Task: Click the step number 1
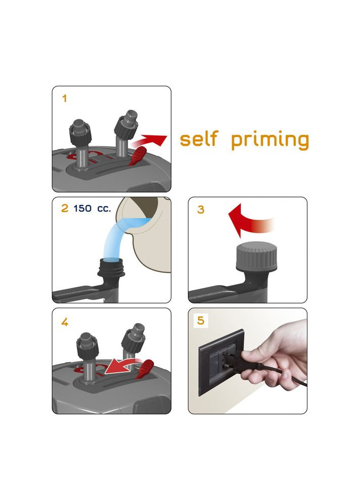click(65, 98)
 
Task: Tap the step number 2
click(65, 208)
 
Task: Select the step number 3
click(200, 209)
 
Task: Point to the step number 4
click(65, 322)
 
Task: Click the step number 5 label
click(200, 320)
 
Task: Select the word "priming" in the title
click(270, 140)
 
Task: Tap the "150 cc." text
click(92, 208)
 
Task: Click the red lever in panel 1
click(137, 157)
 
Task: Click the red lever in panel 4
click(145, 369)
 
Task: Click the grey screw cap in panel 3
click(256, 256)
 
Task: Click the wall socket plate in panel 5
click(221, 362)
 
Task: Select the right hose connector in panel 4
click(133, 342)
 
